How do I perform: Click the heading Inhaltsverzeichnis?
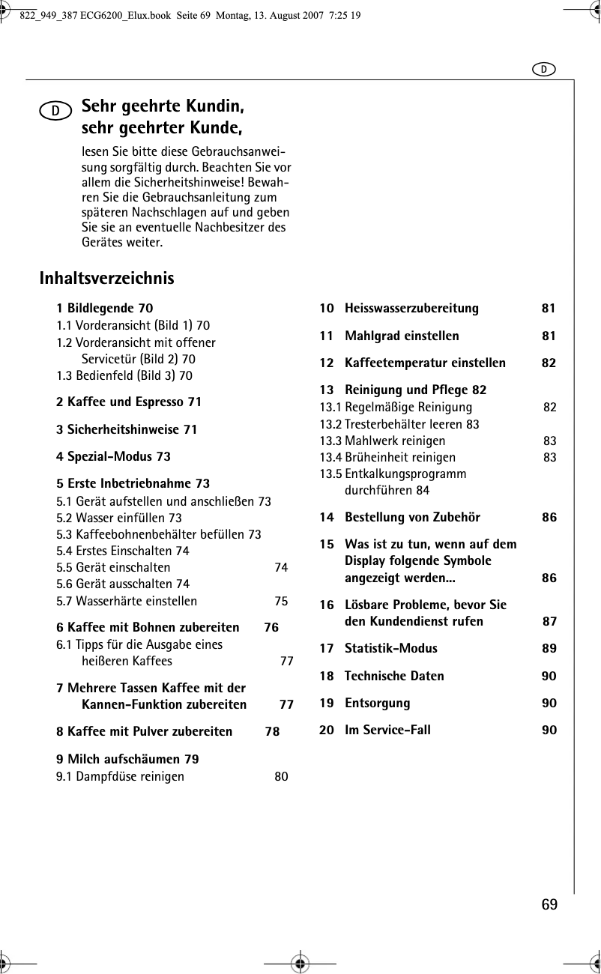(x=106, y=279)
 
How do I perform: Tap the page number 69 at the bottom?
(x=549, y=904)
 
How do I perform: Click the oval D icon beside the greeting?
(x=56, y=111)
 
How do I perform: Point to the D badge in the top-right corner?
(x=544, y=69)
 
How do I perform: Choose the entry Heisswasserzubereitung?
(x=411, y=309)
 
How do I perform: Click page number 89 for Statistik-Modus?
(x=549, y=648)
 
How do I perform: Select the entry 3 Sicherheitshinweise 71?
(x=127, y=429)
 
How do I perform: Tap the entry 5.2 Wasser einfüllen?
(x=119, y=518)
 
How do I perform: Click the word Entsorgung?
(x=377, y=703)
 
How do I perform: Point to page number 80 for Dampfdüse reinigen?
(x=281, y=776)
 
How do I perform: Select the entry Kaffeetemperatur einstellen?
(x=425, y=363)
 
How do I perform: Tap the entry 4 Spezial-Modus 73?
(x=113, y=456)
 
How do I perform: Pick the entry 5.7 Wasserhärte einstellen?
(x=127, y=601)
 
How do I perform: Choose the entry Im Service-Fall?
(x=387, y=730)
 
